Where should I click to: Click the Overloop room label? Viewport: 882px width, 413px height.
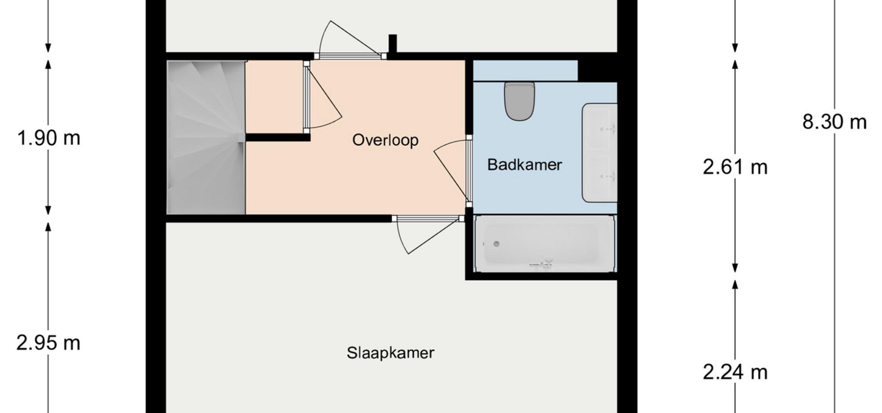click(385, 140)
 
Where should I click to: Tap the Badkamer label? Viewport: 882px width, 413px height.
click(525, 165)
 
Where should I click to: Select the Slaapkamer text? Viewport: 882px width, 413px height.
click(390, 353)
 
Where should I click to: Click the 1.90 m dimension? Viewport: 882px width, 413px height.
click(48, 138)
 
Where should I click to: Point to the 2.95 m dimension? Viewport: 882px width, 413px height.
click(48, 343)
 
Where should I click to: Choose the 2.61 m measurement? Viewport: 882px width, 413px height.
click(735, 167)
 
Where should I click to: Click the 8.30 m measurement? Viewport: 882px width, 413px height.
click(834, 122)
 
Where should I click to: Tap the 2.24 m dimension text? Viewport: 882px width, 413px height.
click(735, 372)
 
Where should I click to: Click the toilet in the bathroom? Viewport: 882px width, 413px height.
click(520, 101)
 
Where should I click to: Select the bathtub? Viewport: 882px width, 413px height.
click(545, 244)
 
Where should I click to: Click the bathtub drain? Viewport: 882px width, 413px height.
click(496, 244)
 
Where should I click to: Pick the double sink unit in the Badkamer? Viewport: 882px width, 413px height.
click(599, 153)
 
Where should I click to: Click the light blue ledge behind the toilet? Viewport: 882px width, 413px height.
click(525, 71)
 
